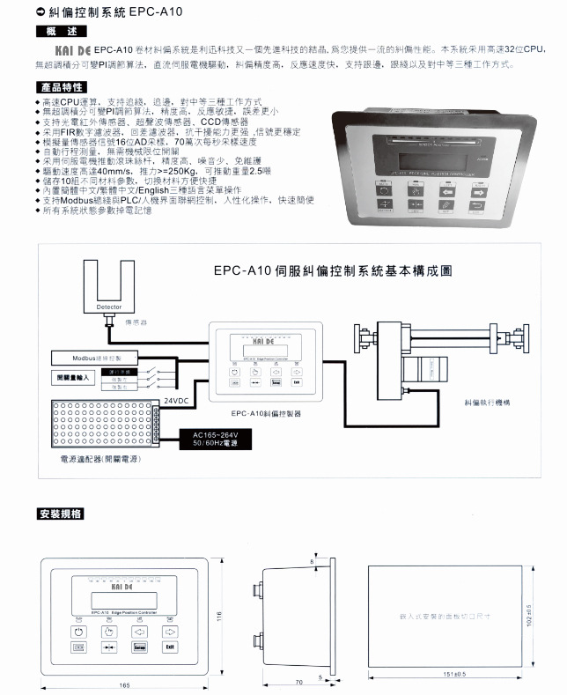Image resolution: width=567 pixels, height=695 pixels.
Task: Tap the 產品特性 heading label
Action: (x=61, y=87)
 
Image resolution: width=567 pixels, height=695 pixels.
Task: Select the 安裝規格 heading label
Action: (x=61, y=514)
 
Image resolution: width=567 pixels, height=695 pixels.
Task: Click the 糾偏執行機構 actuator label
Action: (x=490, y=401)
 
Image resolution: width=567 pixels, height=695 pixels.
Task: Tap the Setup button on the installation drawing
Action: (x=139, y=647)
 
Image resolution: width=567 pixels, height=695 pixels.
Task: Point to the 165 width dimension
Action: (x=124, y=684)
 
